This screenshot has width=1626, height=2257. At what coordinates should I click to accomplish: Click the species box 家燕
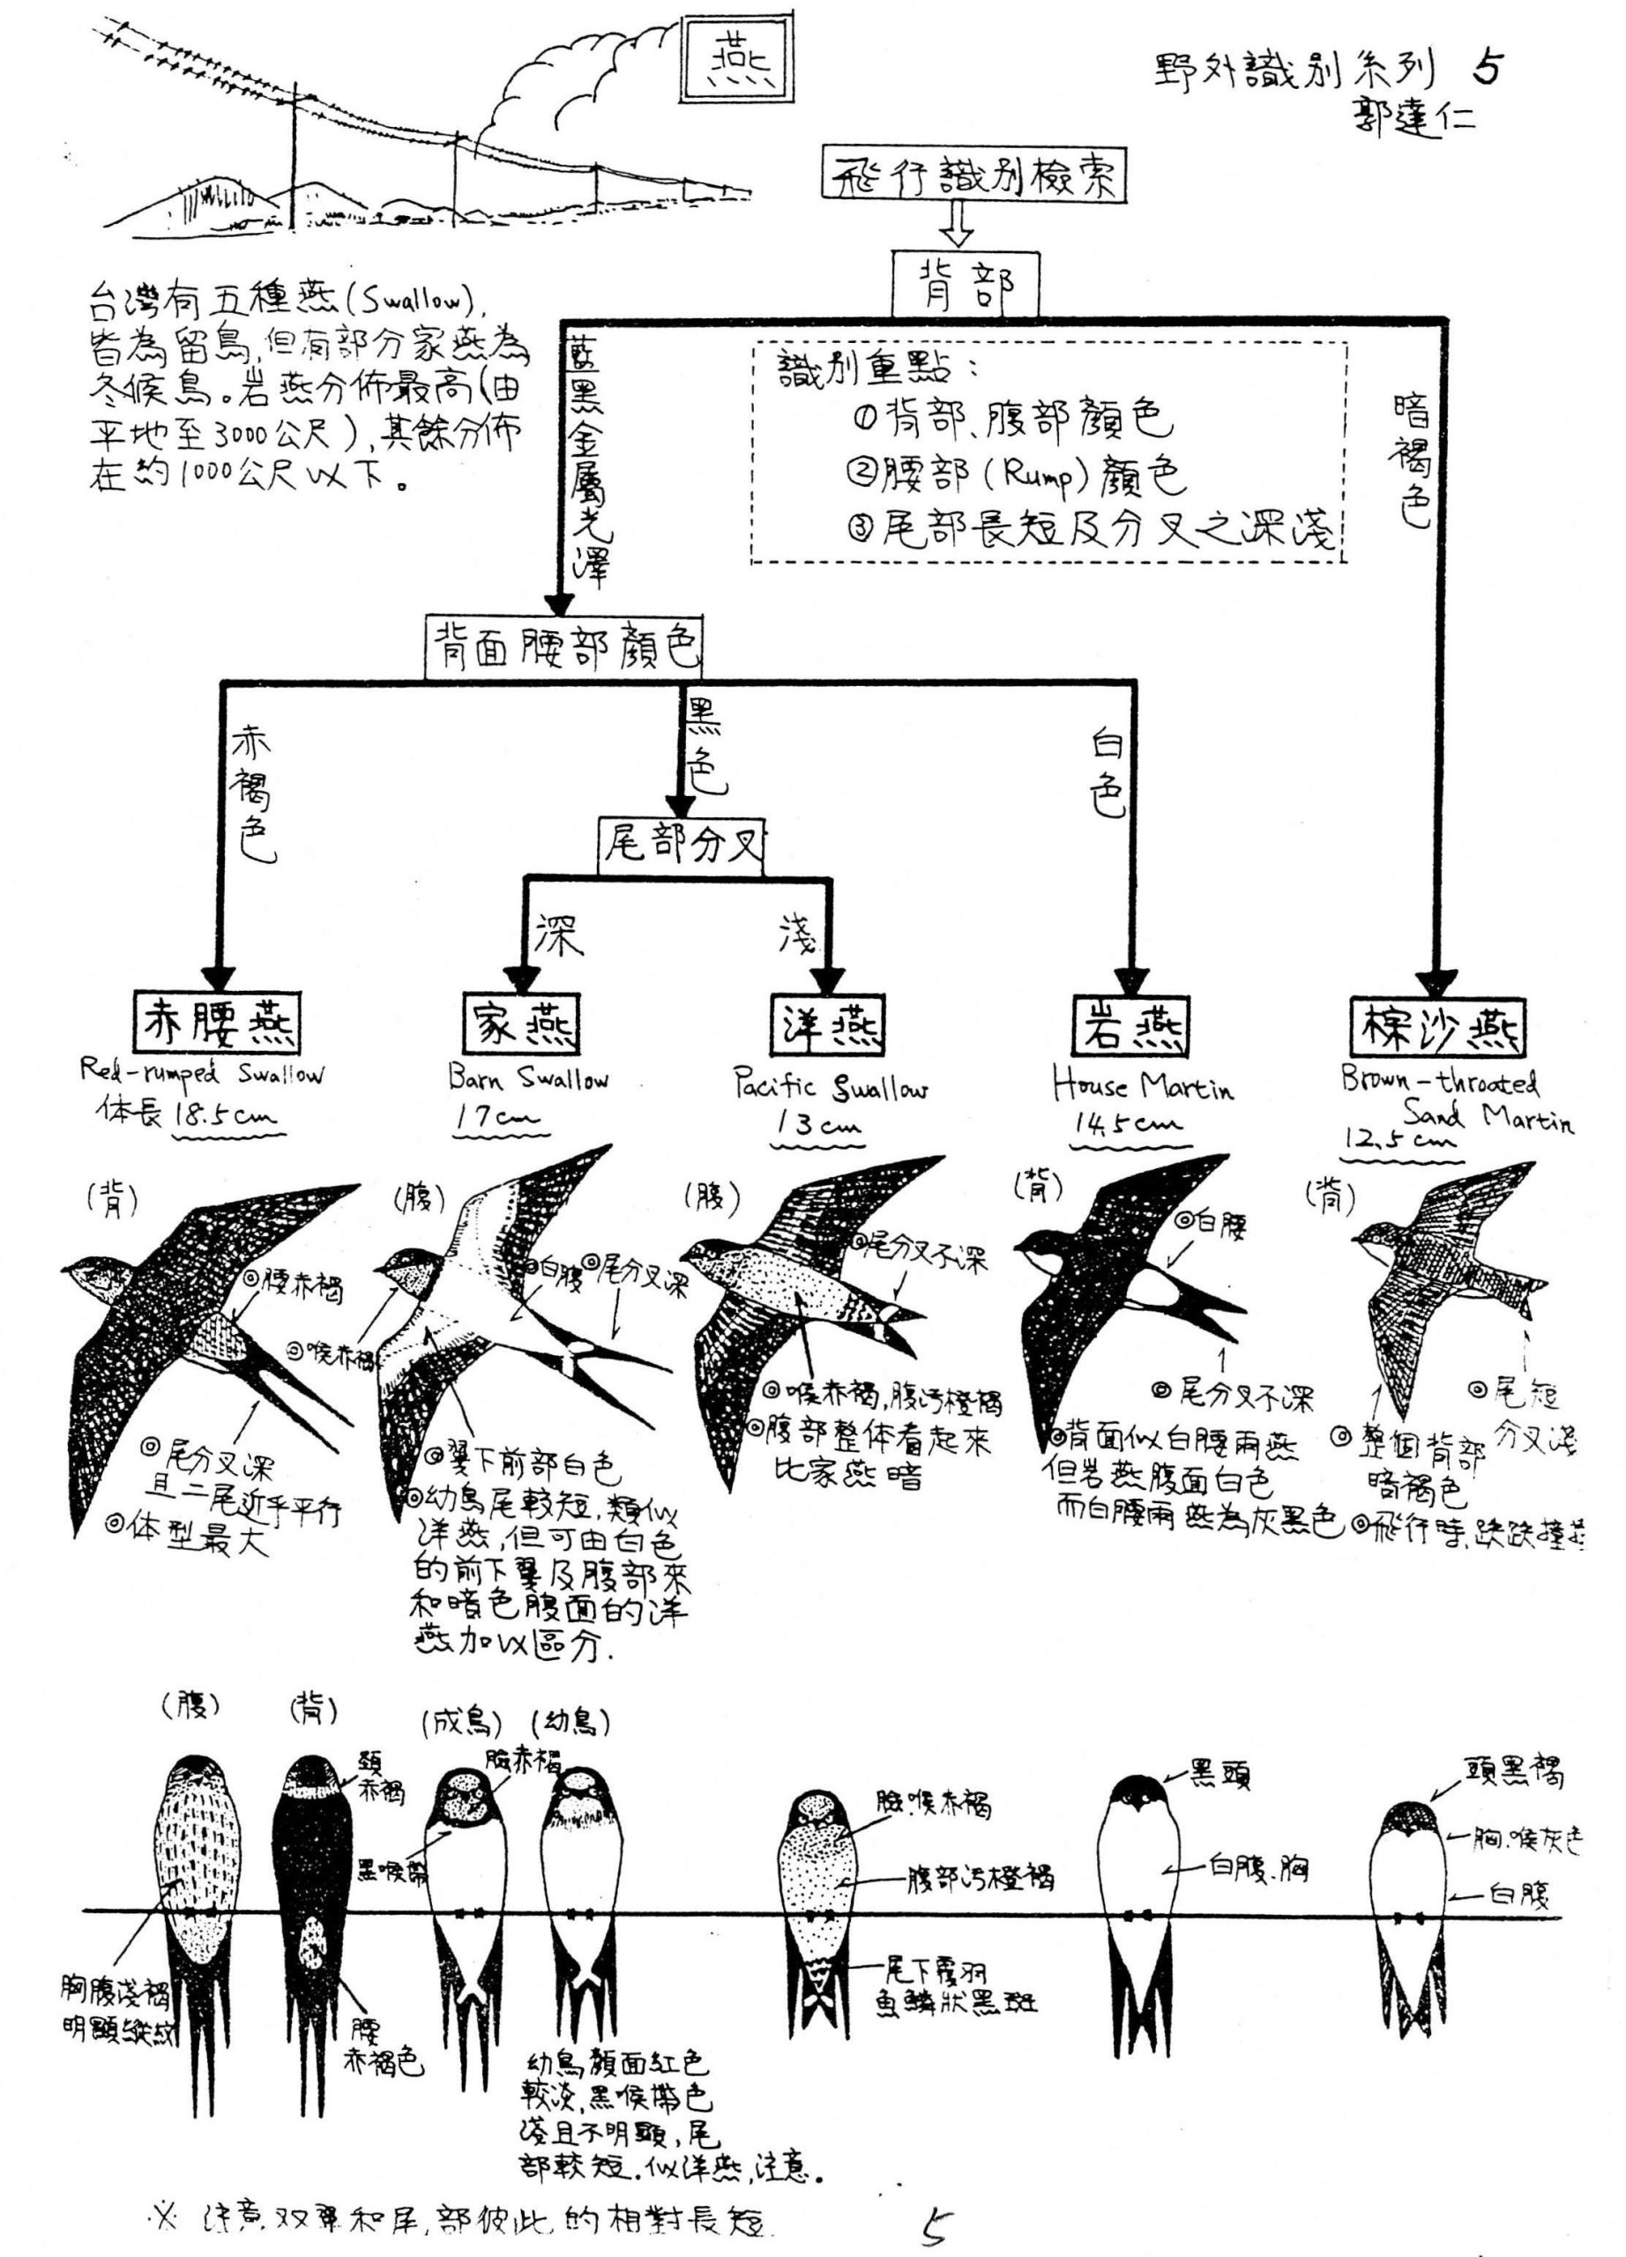[520, 1023]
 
